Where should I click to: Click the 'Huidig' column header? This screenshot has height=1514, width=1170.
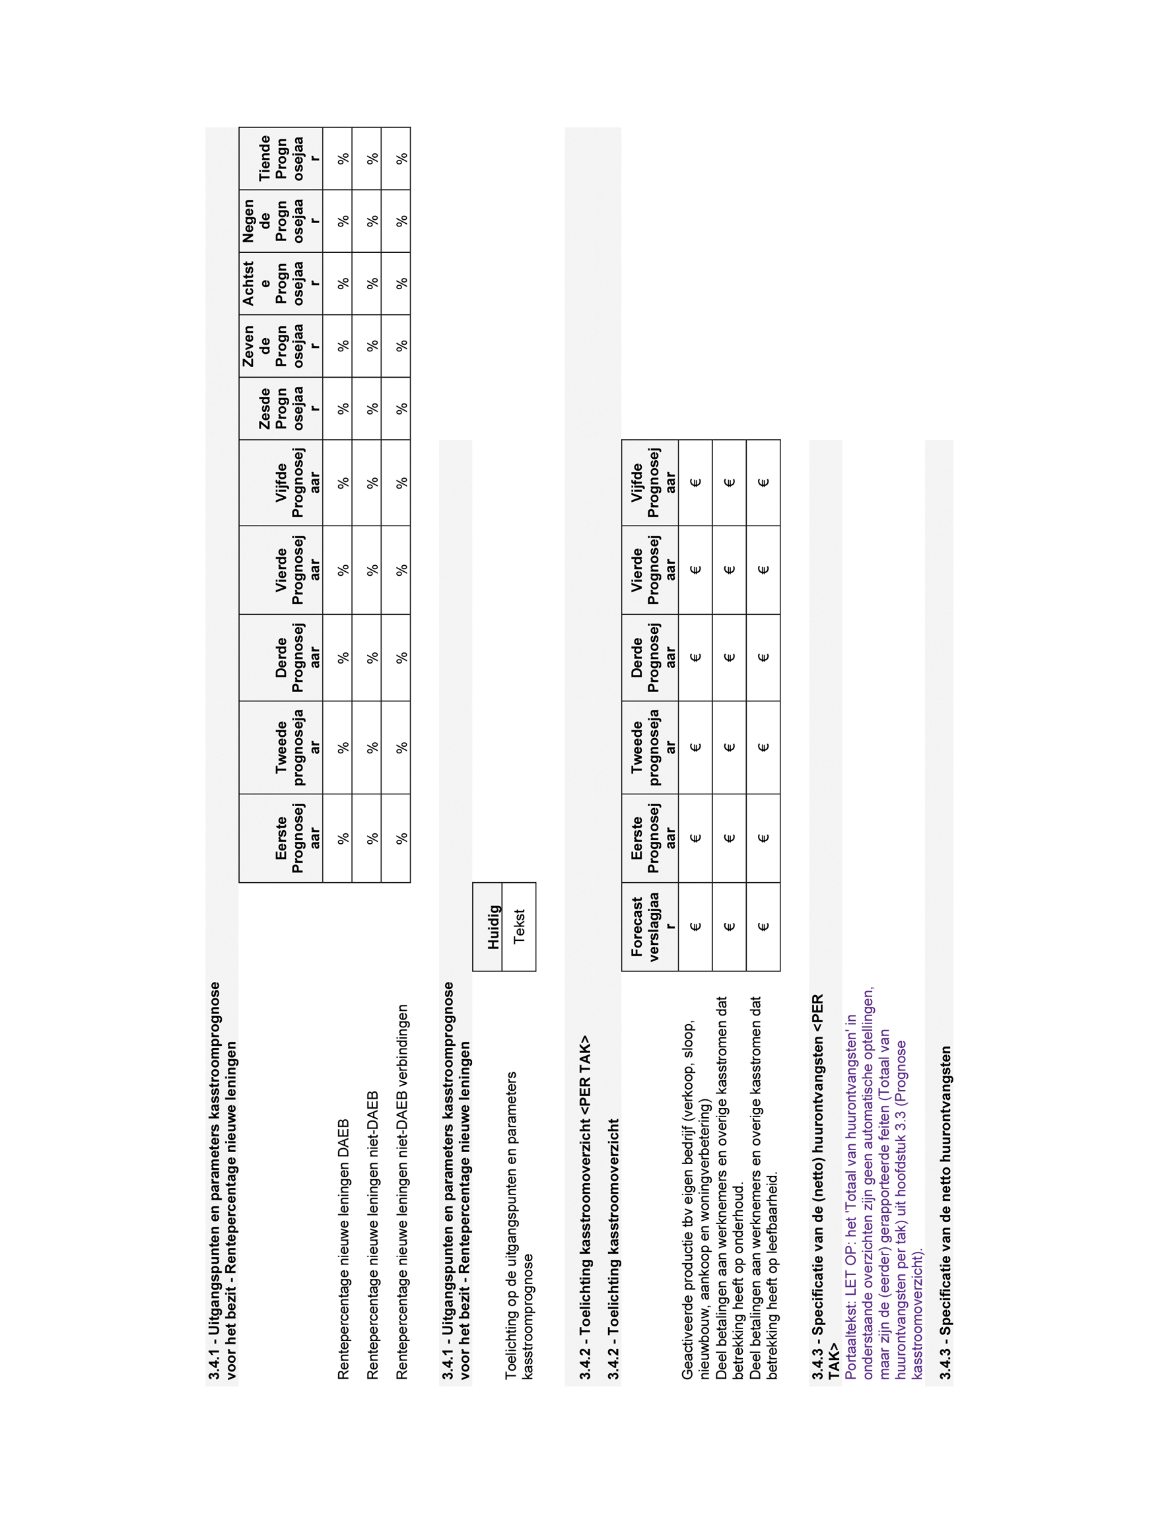click(493, 926)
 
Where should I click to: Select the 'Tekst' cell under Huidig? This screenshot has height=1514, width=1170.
click(519, 926)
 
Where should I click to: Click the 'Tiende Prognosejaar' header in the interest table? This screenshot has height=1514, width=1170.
click(281, 158)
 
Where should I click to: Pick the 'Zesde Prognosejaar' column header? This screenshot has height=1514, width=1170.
click(281, 408)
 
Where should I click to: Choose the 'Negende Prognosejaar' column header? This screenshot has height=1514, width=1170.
click(281, 221)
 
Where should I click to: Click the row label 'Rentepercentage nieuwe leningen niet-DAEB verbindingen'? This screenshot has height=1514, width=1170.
click(401, 1192)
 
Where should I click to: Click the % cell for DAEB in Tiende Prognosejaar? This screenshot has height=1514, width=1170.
click(343, 158)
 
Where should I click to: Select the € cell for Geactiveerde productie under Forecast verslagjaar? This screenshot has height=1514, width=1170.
click(696, 926)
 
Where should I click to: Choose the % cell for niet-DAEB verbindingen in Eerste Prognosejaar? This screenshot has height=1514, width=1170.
click(401, 837)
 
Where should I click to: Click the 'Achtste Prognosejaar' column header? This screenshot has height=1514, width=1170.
click(281, 283)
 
